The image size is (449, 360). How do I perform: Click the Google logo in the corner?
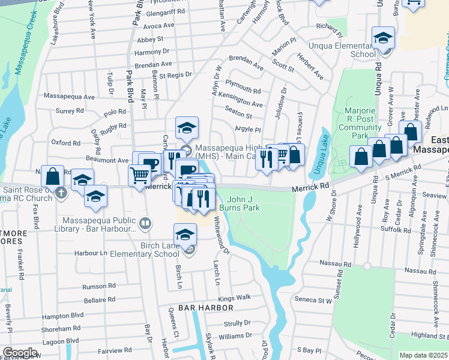click(20, 353)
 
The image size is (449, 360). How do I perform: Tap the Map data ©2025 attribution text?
click(423, 355)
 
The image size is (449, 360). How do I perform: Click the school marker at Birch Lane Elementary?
click(185, 235)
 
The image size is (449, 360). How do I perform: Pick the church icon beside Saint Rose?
click(61, 193)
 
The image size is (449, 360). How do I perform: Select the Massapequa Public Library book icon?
click(145, 224)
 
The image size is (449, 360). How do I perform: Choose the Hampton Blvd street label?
click(62, 314)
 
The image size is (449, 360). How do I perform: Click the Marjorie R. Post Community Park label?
click(360, 123)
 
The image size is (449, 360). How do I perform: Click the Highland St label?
click(427, 336)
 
